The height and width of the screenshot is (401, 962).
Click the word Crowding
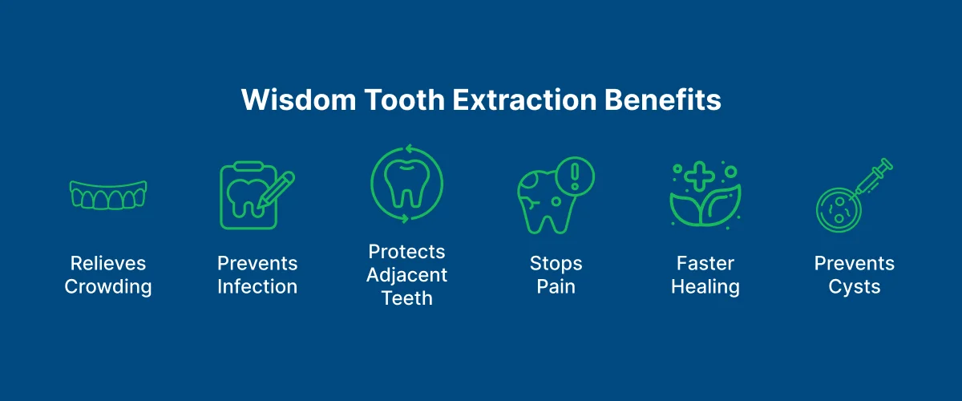tap(108, 287)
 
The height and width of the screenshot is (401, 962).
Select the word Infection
tap(257, 287)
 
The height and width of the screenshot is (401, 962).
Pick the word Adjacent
tap(407, 275)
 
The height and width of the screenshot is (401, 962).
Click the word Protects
tap(407, 252)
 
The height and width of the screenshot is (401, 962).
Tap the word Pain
tap(556, 287)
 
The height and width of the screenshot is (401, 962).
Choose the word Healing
tap(705, 287)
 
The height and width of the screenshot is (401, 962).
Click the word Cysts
tap(855, 287)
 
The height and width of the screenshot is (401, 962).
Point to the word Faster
tap(705, 264)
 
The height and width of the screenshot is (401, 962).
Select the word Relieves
tap(108, 264)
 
